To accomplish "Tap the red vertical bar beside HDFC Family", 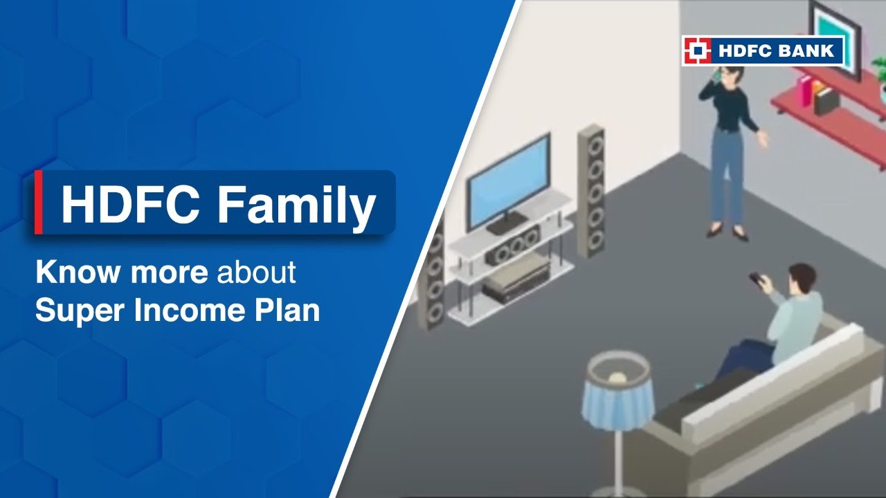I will coord(39,202).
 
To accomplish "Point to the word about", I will coord(256,273).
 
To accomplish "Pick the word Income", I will coord(180,311).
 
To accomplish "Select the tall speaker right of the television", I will coord(592,190).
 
